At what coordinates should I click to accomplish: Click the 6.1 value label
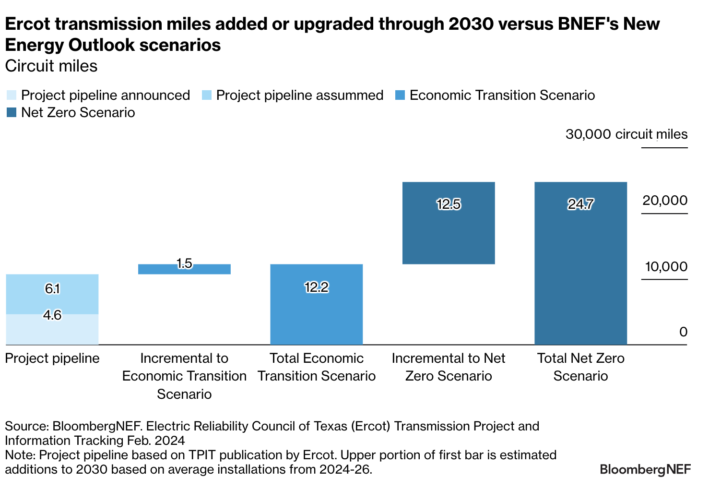52,289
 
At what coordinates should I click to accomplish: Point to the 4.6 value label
52,315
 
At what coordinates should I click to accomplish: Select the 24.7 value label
580,204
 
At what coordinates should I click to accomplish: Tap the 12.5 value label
449,204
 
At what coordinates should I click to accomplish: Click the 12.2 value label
317,287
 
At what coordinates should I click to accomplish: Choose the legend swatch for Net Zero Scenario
12,113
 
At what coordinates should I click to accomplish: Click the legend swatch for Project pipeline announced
12,95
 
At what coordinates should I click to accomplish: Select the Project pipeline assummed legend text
299,95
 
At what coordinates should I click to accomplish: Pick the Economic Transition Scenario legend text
502,95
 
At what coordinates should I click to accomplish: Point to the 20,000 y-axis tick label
665,201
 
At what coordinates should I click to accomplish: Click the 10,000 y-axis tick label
666,267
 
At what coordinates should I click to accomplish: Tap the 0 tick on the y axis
683,332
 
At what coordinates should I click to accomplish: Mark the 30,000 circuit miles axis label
626,134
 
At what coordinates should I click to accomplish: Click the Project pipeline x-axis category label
52,358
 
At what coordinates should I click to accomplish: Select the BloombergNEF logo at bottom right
645,469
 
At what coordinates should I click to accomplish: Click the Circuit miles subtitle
51,66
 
